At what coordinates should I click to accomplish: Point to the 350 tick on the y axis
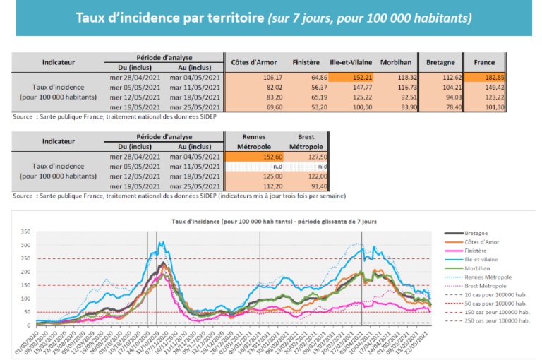tap(26, 232)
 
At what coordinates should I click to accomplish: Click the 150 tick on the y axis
tap(26, 285)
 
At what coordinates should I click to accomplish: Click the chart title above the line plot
tap(274, 221)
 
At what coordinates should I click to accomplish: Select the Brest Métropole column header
tap(304, 142)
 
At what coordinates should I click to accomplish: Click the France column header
tap(484, 62)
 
